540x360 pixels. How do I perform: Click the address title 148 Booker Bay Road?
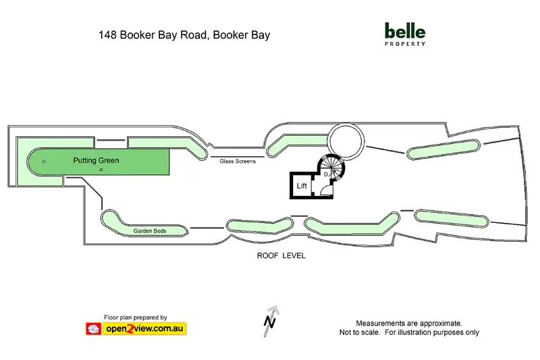click(184, 34)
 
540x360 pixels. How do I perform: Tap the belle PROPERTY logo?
click(404, 34)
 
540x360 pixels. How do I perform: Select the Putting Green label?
click(96, 161)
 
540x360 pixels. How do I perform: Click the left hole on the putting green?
click(44, 161)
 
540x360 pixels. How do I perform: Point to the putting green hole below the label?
click(101, 170)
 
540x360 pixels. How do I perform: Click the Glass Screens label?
click(237, 161)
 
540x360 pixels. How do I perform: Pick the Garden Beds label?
click(150, 231)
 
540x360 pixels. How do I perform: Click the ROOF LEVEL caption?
click(281, 256)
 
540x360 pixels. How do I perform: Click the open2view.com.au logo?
click(135, 329)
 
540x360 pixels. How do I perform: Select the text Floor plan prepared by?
click(135, 317)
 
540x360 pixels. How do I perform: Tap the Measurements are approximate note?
click(409, 323)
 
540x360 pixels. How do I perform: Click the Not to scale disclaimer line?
click(409, 332)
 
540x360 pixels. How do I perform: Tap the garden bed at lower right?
click(451, 218)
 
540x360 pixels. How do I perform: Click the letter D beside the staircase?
click(326, 175)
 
